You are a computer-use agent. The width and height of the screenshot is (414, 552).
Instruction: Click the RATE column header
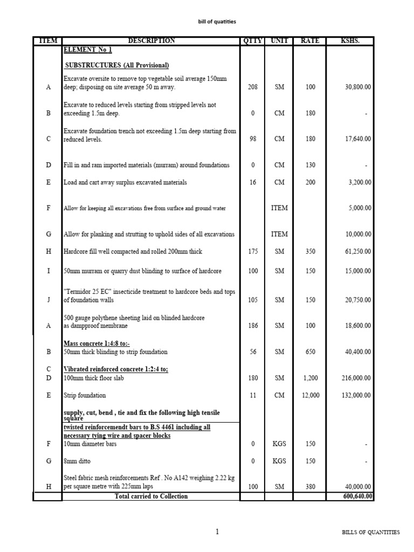pos(310,40)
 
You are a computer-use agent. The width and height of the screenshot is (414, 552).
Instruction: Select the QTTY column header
pos(252,40)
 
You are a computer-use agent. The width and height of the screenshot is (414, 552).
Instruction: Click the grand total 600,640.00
pos(357,496)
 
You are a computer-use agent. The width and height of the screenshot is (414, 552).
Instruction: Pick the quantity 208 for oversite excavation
pos(253,87)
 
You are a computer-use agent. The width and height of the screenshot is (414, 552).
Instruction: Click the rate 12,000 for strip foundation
pos(310,396)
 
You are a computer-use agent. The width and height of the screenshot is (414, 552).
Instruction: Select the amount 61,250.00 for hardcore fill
pos(357,252)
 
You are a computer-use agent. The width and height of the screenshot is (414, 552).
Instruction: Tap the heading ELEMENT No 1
pos(88,50)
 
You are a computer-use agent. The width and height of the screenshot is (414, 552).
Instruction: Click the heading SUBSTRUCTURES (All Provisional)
pos(117,66)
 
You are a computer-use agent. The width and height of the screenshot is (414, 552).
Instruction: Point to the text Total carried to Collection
pos(151,496)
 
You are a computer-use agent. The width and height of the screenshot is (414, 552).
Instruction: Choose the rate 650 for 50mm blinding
pos(310,352)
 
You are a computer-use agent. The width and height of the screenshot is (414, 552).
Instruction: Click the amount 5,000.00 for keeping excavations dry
pos(358,208)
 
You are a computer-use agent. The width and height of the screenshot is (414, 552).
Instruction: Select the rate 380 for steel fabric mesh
pos(310,487)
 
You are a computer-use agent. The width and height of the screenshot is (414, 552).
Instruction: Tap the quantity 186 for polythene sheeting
pos(253,326)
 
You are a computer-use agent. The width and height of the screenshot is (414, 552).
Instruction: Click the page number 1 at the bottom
pos(217,532)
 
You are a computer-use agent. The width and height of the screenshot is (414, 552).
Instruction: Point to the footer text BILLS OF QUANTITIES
pos(371,533)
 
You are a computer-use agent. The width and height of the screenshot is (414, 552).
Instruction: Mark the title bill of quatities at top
pos(218,22)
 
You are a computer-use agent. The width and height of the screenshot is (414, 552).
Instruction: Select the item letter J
pos(48,300)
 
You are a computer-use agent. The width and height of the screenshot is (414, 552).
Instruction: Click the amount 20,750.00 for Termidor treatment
pos(357,300)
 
